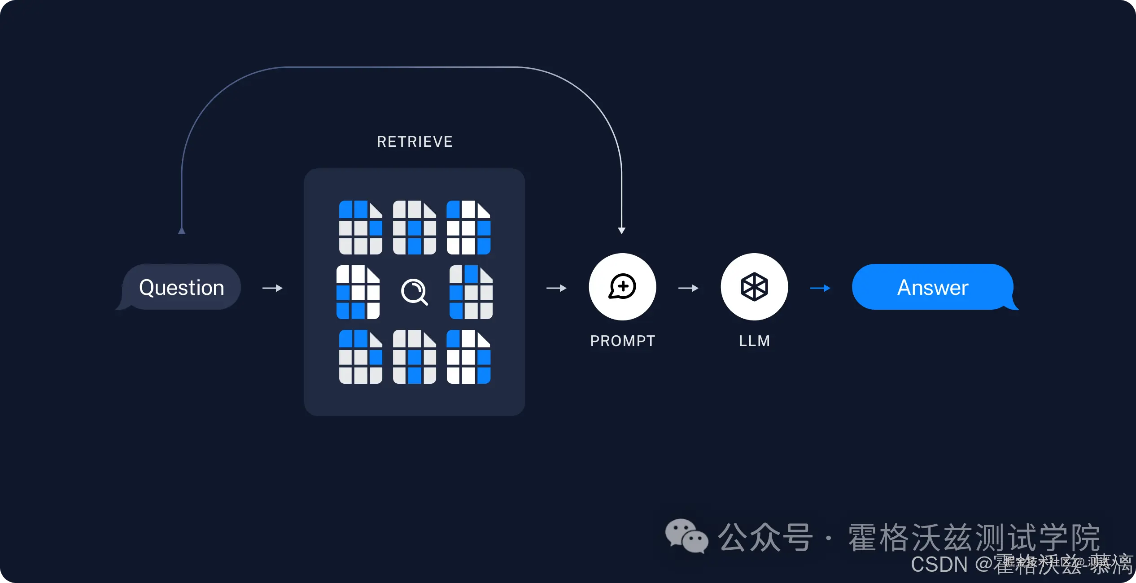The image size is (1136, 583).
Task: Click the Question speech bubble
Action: (181, 287)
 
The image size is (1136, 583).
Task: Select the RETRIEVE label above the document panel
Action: (415, 142)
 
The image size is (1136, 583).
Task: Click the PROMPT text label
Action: (622, 341)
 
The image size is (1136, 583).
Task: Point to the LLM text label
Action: (754, 341)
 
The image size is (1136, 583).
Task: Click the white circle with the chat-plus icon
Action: (622, 287)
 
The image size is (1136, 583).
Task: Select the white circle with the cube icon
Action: (754, 287)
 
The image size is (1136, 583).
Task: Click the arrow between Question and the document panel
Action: (272, 288)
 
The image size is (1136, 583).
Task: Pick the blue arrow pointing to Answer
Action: (820, 288)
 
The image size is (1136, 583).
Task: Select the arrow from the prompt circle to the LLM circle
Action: (688, 288)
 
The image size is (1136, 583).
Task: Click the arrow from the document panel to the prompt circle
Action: (556, 288)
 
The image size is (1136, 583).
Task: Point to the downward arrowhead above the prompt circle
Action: (621, 230)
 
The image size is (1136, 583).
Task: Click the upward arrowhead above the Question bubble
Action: (182, 231)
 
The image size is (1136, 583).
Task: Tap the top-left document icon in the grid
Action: (360, 228)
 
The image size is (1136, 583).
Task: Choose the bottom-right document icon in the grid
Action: (468, 357)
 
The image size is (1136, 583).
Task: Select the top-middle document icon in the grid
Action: (414, 228)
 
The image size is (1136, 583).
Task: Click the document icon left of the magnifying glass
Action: (358, 292)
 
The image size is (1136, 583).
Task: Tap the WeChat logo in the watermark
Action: (686, 536)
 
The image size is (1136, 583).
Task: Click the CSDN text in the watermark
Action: (939, 565)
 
